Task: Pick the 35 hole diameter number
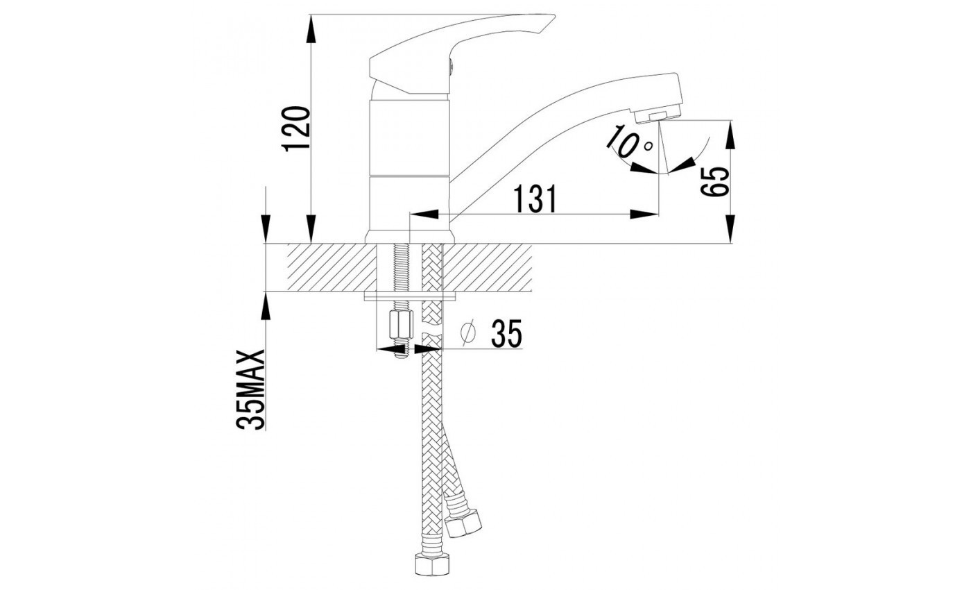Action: coord(506,335)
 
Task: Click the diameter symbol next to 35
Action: coord(468,334)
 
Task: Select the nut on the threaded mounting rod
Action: coord(400,323)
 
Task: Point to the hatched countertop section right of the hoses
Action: coord(488,267)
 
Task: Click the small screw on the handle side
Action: coord(452,67)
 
